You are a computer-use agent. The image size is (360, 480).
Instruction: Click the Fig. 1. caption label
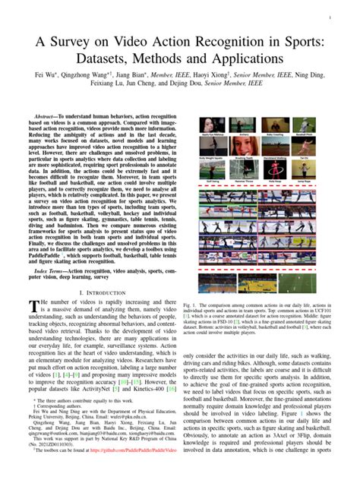[x=192, y=304]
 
